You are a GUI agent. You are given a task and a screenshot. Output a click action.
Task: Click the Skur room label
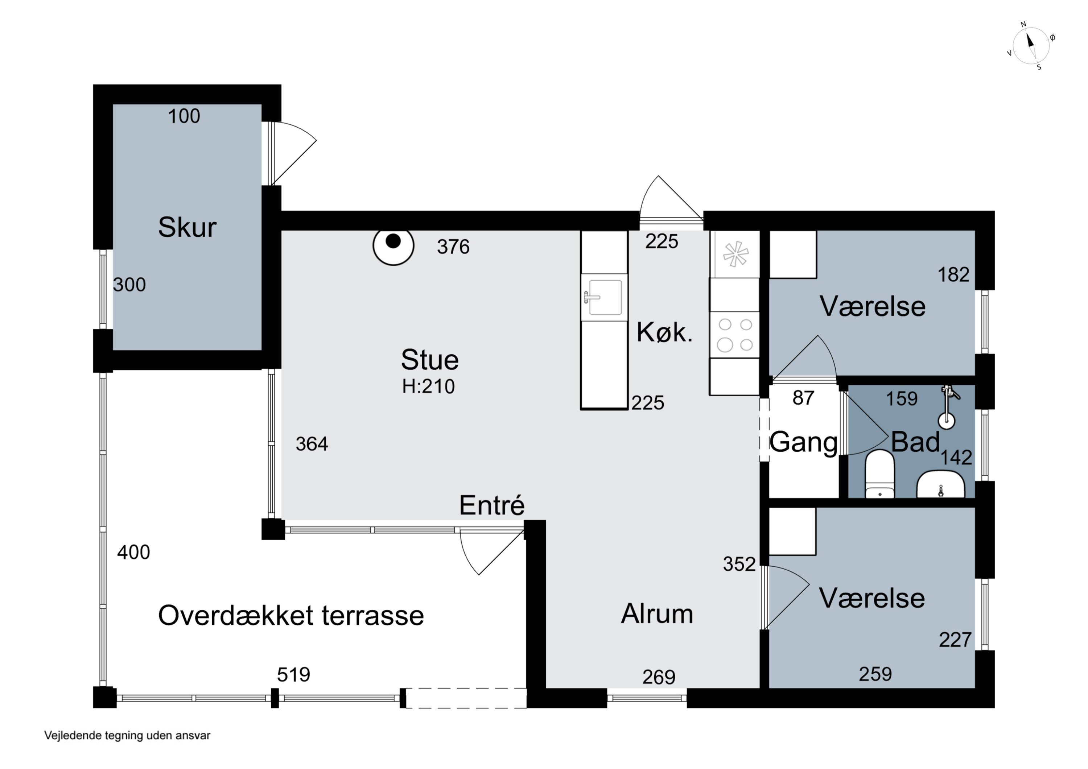click(x=187, y=227)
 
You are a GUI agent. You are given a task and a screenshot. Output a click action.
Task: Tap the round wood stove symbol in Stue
click(x=393, y=244)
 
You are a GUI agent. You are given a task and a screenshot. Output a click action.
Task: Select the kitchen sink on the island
click(x=604, y=297)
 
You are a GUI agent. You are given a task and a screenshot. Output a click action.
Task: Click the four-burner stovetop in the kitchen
click(x=734, y=335)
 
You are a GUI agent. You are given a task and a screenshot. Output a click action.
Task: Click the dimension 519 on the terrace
click(x=293, y=675)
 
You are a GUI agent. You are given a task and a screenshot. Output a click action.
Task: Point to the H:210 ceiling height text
click(x=428, y=386)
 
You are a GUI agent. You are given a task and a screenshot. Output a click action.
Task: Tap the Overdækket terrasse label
click(x=290, y=616)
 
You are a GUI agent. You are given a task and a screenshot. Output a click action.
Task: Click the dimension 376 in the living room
click(x=453, y=247)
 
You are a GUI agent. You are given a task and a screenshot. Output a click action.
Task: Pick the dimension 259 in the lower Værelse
click(x=875, y=674)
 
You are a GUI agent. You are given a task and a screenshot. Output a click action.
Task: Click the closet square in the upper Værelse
click(x=792, y=255)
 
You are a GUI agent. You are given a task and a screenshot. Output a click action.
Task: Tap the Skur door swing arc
click(x=294, y=152)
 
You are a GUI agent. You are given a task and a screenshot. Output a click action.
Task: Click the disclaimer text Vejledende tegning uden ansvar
click(x=127, y=735)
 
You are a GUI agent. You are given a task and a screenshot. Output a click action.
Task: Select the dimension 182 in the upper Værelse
click(x=953, y=275)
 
